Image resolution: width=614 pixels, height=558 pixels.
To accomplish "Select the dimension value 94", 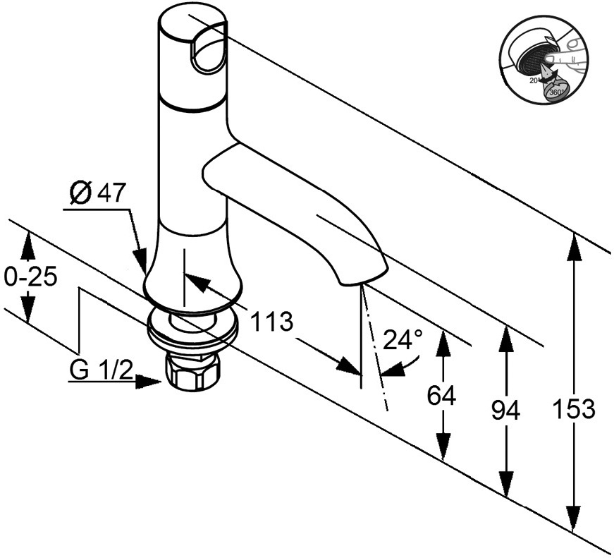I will (505, 410).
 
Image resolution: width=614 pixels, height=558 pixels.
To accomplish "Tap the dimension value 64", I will (442, 396).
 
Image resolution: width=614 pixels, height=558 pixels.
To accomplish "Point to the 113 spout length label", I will (271, 322).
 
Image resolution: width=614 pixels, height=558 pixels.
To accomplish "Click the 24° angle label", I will (403, 341).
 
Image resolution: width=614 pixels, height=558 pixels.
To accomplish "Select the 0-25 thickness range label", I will (30, 277).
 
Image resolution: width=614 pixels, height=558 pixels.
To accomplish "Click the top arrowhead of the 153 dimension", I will (575, 243).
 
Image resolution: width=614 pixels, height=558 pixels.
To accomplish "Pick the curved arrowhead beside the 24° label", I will (407, 365).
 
